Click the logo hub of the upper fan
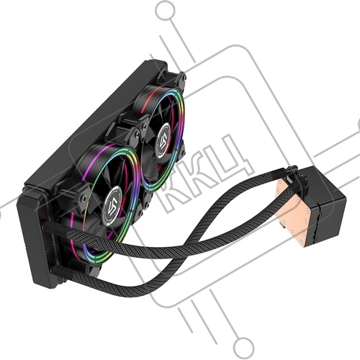pos(165,140)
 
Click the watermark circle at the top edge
pos(165,11)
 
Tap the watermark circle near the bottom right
pos(244,347)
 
